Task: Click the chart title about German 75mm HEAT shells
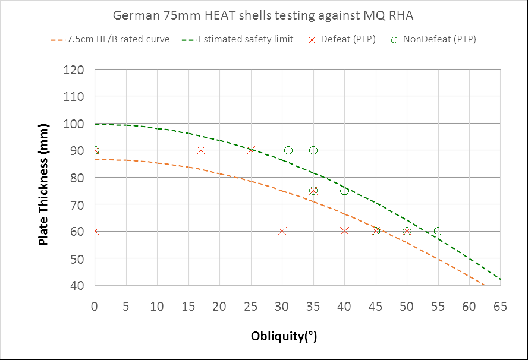[264, 15]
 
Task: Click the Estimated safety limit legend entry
[238, 40]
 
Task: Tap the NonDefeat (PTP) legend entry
[432, 40]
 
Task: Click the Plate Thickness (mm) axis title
[43, 178]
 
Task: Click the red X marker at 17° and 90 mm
[201, 150]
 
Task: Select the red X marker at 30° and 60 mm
[282, 231]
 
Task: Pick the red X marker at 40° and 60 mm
[344, 231]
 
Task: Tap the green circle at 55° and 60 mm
[438, 231]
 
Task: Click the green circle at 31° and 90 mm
[288, 150]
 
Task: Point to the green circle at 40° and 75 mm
[344, 191]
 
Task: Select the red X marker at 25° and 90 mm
[251, 150]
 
